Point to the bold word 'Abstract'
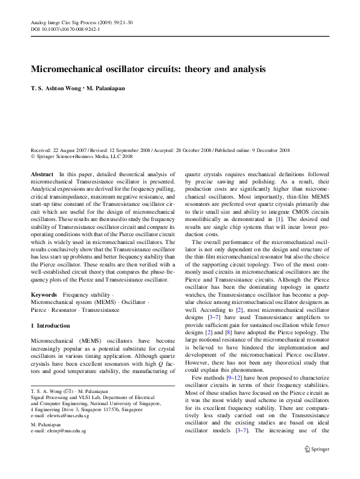click(x=42, y=174)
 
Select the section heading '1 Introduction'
click(x=50, y=326)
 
